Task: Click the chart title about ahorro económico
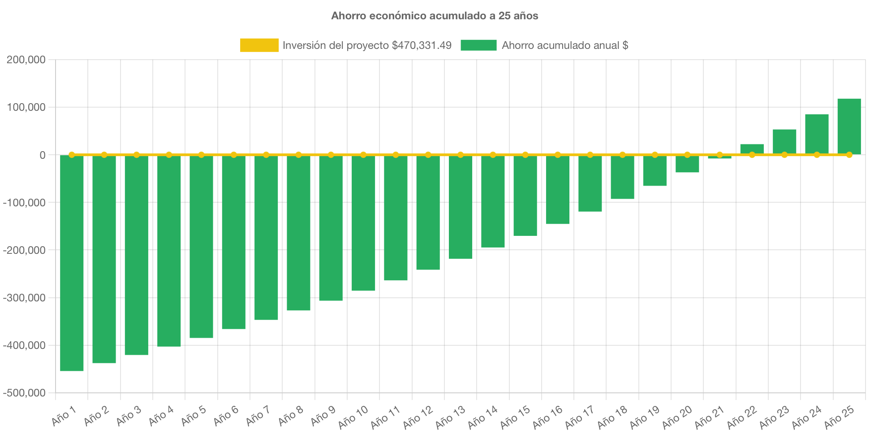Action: point(435,16)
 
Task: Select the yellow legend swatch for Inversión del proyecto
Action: point(259,45)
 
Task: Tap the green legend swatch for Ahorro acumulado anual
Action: point(478,45)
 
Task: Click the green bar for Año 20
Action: point(687,165)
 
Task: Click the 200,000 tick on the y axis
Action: point(26,60)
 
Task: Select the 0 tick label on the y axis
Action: point(42,155)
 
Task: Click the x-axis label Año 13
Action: point(450,417)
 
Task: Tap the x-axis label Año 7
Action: point(258,416)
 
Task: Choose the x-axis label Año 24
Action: point(806,417)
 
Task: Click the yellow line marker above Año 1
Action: point(72,155)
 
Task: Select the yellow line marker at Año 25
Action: point(849,155)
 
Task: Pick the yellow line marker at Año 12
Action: point(428,155)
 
